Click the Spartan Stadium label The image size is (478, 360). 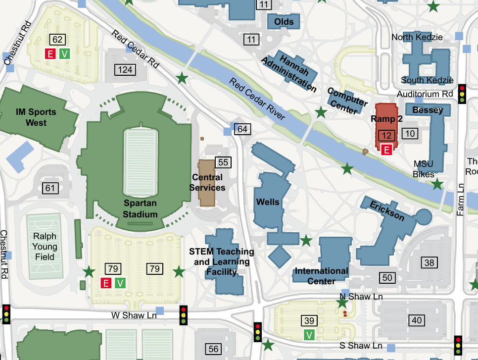(x=140, y=208)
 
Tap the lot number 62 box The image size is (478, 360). (x=57, y=40)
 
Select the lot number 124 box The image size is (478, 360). (x=125, y=70)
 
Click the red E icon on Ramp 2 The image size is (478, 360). (x=387, y=149)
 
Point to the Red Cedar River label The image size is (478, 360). (x=257, y=99)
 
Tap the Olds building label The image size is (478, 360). (x=284, y=21)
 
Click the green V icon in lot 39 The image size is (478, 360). (x=310, y=335)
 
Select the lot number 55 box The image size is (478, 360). (x=223, y=162)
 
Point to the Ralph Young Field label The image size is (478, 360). (x=45, y=247)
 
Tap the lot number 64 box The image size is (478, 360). (x=242, y=129)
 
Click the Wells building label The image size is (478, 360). (x=268, y=202)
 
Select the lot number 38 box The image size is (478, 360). (x=429, y=262)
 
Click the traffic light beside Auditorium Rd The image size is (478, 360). (x=462, y=93)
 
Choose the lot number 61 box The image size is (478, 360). (x=50, y=188)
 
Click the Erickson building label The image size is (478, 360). (x=387, y=210)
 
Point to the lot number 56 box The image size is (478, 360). (x=213, y=349)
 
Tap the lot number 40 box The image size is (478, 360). (x=417, y=320)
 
